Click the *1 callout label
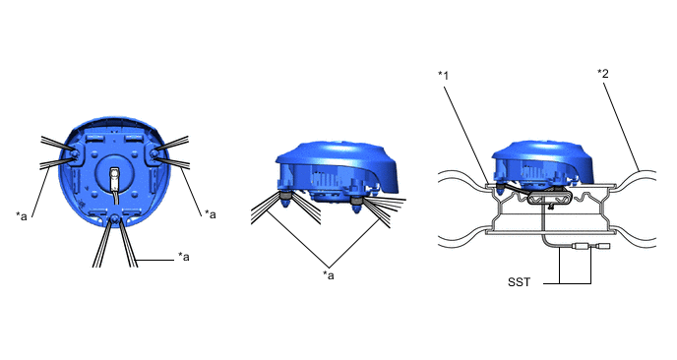click(x=444, y=76)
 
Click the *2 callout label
click(x=603, y=74)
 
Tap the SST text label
click(x=519, y=282)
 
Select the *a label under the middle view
click(x=329, y=275)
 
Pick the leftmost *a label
click(x=22, y=215)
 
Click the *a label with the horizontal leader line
click(x=184, y=257)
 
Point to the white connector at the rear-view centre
click(x=114, y=179)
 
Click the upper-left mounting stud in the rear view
click(x=75, y=154)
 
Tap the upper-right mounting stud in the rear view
click(x=154, y=153)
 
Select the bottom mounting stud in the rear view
click(x=114, y=219)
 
